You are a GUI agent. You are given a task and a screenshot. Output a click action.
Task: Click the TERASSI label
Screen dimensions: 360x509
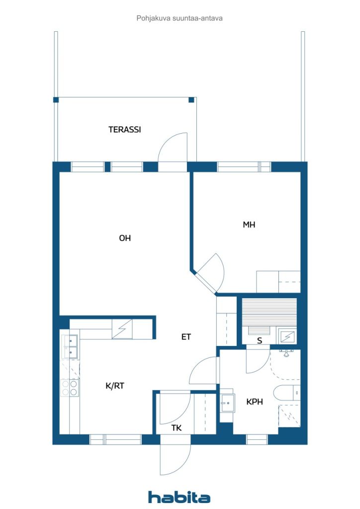125,130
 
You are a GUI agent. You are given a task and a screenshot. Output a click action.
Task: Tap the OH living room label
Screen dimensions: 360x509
125,238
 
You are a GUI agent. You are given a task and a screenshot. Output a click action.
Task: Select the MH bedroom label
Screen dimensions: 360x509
249,225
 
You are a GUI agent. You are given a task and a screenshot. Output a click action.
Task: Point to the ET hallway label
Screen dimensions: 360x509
186,337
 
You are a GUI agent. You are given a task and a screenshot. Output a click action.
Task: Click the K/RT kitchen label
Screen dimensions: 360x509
115,386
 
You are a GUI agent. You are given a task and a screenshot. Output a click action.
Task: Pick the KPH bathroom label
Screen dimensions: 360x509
255,402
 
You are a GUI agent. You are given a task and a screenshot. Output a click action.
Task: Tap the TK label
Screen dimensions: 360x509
177,428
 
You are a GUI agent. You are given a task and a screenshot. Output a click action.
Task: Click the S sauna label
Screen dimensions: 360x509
260,340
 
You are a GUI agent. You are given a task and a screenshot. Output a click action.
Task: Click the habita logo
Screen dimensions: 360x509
179,497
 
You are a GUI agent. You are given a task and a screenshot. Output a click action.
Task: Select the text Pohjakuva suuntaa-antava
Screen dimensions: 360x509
180,18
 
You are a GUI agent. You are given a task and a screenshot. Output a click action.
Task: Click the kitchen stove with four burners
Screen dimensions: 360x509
70,388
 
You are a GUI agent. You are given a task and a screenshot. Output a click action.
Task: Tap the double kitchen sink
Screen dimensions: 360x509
70,346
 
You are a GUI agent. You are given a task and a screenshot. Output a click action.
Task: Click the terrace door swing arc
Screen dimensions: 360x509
173,147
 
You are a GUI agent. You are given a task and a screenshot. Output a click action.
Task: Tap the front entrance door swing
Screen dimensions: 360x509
176,460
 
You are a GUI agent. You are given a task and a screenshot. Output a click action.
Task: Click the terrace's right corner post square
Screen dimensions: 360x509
191,99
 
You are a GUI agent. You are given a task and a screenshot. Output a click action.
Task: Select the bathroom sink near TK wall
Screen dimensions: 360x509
227,403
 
